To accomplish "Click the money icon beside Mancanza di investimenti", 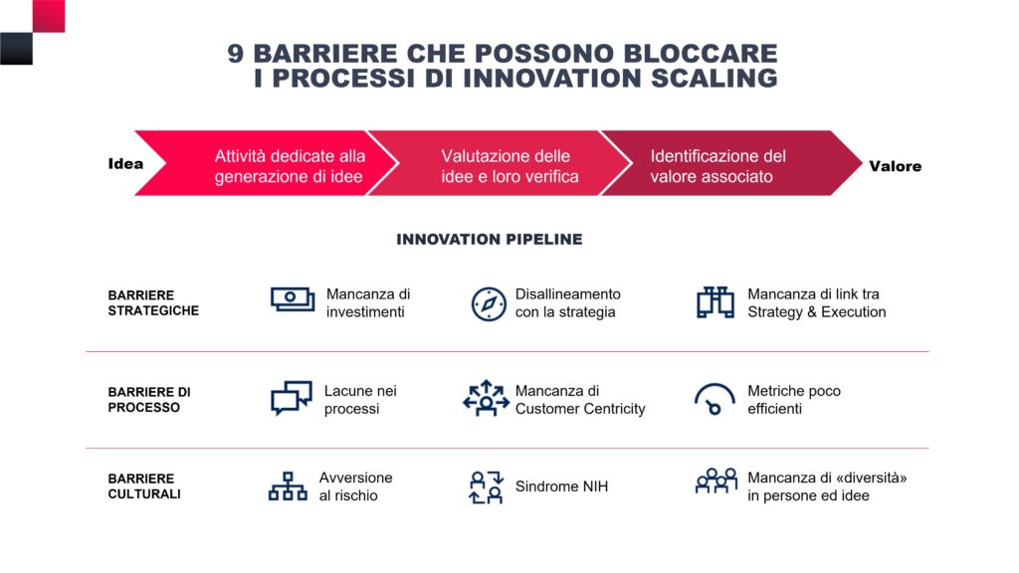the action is [293, 299].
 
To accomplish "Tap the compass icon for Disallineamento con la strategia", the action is [489, 303].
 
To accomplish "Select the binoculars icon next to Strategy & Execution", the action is [715, 302].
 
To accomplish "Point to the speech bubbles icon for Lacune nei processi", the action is [292, 398].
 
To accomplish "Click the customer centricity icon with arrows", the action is [486, 398].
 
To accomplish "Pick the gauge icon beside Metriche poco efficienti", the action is [714, 399].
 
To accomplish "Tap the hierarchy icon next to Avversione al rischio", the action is [288, 485].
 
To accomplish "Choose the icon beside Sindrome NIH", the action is [486, 487].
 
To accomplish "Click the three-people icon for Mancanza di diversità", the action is [716, 480].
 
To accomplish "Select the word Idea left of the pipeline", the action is [125, 164].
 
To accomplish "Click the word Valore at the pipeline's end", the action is [895, 166].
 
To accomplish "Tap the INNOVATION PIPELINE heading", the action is [490, 239].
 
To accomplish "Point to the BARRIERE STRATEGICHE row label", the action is [153, 302].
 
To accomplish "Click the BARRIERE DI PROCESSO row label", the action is [149, 400].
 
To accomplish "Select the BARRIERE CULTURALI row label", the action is [144, 485].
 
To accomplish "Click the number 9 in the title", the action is [235, 54].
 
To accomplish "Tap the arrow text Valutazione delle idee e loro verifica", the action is [509, 166].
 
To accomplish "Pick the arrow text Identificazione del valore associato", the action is [718, 166].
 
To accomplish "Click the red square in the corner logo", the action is [49, 16].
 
